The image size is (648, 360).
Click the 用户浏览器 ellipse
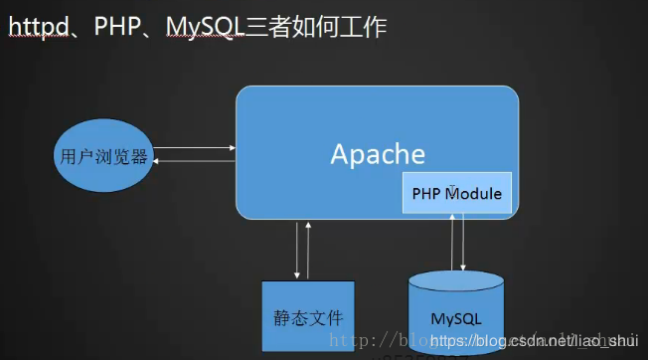point(103,156)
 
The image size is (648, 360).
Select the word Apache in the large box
point(378,154)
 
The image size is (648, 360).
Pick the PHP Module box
point(457,192)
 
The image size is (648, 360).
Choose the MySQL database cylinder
point(456,313)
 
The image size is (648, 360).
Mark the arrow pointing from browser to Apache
point(195,148)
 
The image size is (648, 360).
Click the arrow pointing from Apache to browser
point(195,160)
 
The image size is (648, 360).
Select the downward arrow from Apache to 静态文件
point(297,250)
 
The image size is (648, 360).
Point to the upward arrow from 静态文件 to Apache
point(309,250)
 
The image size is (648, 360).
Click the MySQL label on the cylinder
point(456,319)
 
